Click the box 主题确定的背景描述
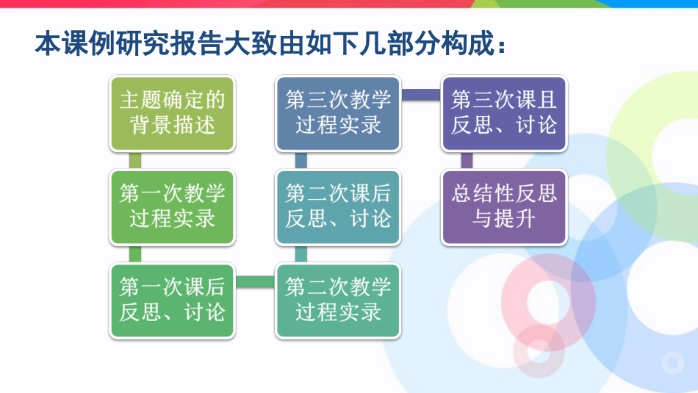172,114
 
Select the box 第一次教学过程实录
172,207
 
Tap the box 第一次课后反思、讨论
172,300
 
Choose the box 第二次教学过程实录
338,300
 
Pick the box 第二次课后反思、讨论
338,207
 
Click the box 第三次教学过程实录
338,114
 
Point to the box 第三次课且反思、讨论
504,114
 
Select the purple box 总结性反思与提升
504,207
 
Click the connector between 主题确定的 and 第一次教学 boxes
135,160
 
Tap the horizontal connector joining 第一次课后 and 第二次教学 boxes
255,282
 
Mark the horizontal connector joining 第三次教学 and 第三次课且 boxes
421,95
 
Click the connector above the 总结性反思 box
467,160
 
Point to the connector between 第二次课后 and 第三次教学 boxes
301,160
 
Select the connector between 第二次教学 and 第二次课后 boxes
301,253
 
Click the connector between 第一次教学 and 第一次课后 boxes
135,253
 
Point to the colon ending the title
502,46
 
